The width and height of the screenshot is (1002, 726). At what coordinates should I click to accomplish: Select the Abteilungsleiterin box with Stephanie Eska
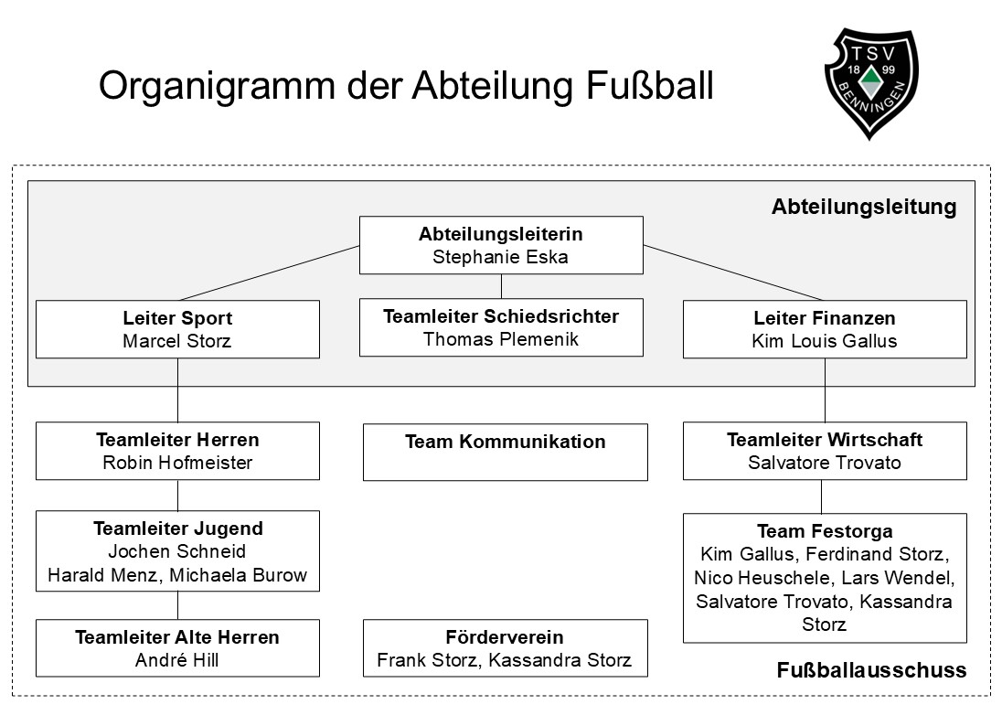[x=500, y=245]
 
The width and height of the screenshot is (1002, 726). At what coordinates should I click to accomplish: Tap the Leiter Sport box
[x=177, y=329]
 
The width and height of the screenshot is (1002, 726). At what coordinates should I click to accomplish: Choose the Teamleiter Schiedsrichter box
[x=500, y=327]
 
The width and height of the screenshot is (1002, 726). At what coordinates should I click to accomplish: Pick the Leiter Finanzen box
[x=824, y=329]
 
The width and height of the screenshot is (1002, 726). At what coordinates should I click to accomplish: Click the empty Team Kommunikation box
[x=505, y=452]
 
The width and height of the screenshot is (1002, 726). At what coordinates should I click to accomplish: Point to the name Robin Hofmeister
[x=177, y=463]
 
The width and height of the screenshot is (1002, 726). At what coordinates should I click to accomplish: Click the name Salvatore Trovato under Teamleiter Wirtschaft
[x=824, y=463]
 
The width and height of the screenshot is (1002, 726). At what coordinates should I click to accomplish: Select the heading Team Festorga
[x=824, y=531]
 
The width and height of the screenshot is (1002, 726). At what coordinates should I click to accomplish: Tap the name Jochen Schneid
[x=177, y=551]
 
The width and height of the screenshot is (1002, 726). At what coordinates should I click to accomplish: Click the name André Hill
[x=177, y=660]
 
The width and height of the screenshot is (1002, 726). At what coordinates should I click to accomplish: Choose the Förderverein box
[x=505, y=648]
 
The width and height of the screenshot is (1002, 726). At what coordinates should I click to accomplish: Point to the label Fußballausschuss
[x=870, y=670]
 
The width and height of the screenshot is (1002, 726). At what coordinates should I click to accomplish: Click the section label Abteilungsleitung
[x=863, y=207]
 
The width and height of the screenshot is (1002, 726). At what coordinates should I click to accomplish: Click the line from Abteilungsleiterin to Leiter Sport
[x=270, y=272]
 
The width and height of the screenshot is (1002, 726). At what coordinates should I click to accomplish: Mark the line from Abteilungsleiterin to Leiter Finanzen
[x=733, y=272]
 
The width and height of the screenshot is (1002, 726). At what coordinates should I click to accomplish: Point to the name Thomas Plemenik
[x=500, y=339]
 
